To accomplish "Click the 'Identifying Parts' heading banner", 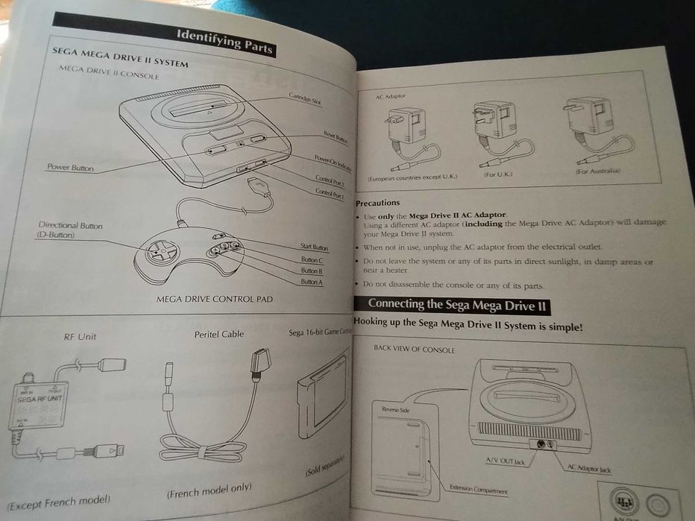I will (x=224, y=42).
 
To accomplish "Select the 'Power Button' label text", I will (x=70, y=168).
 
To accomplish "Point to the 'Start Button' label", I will (x=314, y=247).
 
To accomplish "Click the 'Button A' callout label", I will (x=312, y=282).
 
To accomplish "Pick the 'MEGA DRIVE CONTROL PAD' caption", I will (x=214, y=300).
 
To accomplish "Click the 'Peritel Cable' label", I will (x=218, y=335).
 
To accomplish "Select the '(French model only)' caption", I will (x=209, y=490).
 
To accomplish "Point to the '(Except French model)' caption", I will (x=59, y=499).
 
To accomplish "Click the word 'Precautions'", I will (x=377, y=203).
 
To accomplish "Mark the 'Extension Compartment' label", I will (x=478, y=490).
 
